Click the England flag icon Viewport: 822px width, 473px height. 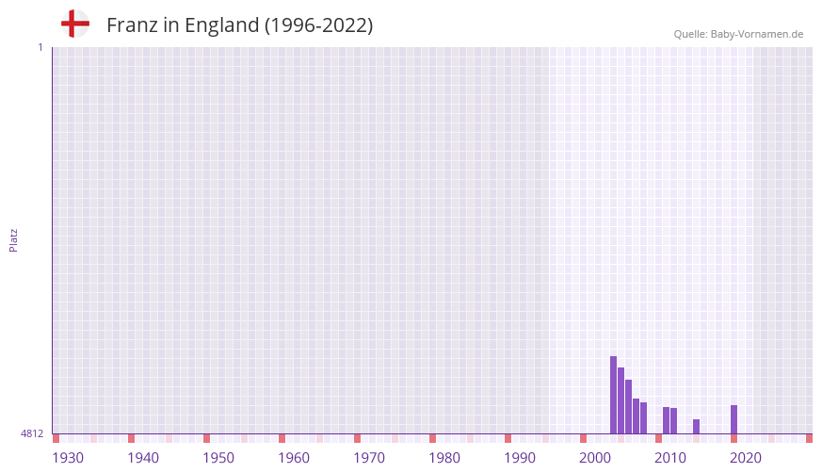coord(75,24)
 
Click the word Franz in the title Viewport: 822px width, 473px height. coord(132,25)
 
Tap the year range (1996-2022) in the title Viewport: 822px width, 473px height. coord(318,25)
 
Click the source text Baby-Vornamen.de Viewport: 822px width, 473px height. coord(757,34)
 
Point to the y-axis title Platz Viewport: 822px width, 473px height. coord(13,239)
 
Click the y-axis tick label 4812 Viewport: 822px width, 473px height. coord(32,433)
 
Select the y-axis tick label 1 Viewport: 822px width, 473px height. coord(40,47)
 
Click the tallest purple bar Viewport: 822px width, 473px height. coord(613,395)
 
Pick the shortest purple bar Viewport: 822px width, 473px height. coord(696,427)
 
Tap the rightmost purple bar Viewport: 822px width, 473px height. coord(733,419)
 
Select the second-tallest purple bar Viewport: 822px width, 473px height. coord(621,400)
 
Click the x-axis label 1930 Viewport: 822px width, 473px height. coord(68,458)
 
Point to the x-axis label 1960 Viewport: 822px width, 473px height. coord(294,458)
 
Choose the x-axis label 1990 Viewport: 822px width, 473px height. coord(520,458)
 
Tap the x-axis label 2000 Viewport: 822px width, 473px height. coord(595,458)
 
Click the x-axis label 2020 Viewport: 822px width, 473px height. coord(746,458)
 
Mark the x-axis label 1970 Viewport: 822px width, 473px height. coord(369,458)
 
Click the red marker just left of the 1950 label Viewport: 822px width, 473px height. coord(206,438)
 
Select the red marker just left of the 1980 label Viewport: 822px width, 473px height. coord(432,438)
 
